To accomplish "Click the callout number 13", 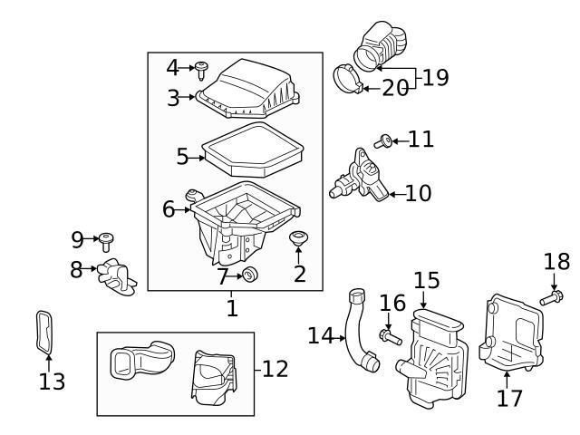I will tap(52, 382).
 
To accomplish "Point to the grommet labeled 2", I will tap(298, 239).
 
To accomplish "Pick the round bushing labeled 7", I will tap(252, 275).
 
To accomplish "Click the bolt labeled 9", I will tap(107, 240).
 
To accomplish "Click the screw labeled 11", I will tap(383, 140).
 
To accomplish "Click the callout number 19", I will tap(435, 77).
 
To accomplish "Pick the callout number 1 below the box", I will tap(232, 308).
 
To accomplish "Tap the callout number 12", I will tap(275, 369).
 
